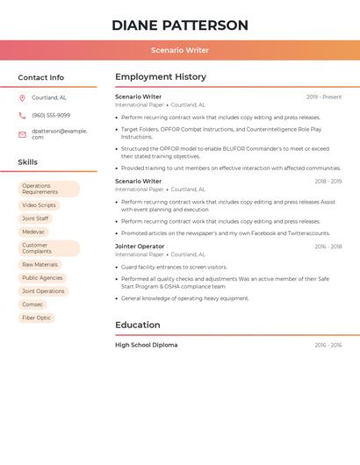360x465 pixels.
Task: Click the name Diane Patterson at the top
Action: pos(179,25)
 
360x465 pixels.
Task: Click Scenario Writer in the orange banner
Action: pos(179,50)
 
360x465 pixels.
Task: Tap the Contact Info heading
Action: pos(40,77)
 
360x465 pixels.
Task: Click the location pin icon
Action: pos(22,98)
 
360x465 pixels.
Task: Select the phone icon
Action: pos(22,116)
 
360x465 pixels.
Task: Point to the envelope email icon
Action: pos(22,134)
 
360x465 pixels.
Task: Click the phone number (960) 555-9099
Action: pos(51,116)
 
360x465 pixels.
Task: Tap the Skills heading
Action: pos(27,162)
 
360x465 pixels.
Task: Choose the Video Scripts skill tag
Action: pos(39,205)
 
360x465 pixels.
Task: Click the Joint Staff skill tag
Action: pos(35,218)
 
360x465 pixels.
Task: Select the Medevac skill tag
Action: pos(33,232)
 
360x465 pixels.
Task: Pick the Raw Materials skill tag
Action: pos(40,264)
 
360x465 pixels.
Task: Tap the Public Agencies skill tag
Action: pos(42,277)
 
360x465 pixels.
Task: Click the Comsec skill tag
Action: pos(32,304)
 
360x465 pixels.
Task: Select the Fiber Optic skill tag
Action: pos(36,318)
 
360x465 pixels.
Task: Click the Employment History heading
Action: pos(161,77)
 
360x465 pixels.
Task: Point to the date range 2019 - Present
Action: pos(324,97)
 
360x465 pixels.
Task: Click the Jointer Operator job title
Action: pos(140,247)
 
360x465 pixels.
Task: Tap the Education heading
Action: pos(138,325)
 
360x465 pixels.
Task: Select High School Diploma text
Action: pos(146,345)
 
